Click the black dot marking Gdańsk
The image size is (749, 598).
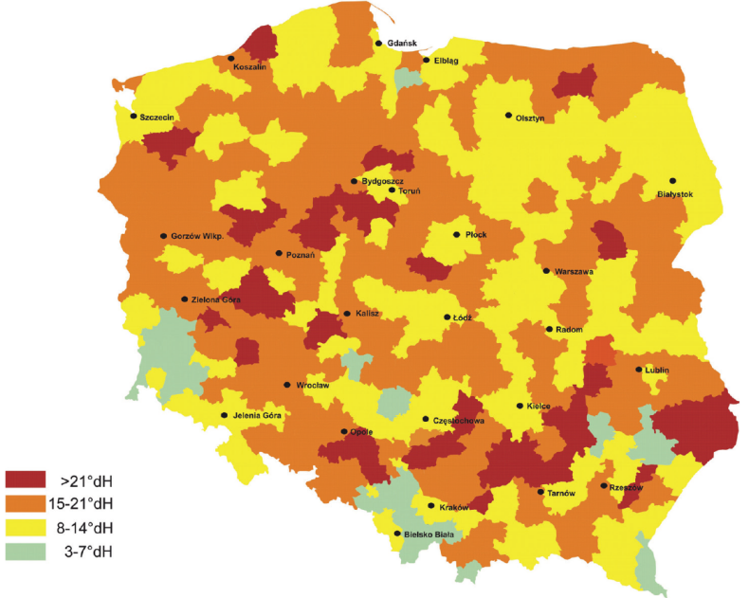(379, 43)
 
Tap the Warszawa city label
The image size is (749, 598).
(575, 272)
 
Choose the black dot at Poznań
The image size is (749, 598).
(279, 253)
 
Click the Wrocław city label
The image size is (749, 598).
(312, 386)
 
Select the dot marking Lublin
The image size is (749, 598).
(638, 370)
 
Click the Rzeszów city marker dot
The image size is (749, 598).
(604, 486)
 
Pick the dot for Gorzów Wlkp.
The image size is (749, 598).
(163, 236)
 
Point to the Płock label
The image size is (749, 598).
(476, 234)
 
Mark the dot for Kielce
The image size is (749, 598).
(520, 406)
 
